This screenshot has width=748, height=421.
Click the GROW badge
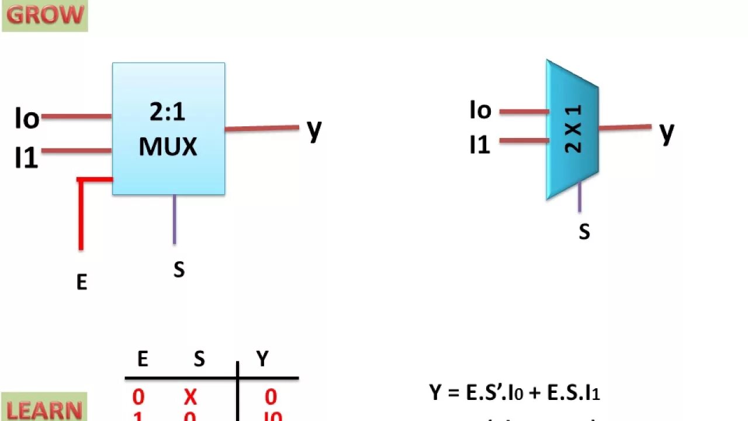44,15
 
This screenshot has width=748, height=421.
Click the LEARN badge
44,409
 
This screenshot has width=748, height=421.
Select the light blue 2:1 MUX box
168,129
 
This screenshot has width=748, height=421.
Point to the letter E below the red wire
82,282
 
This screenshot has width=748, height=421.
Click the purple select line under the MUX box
174,219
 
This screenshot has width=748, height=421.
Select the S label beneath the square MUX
179,270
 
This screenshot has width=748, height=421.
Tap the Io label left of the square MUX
27,119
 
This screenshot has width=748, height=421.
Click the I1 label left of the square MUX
26,158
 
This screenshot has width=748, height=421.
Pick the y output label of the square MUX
314,129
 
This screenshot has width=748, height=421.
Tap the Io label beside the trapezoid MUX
480,110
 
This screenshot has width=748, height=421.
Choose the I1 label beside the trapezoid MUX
480,144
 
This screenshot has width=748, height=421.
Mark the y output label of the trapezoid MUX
667,132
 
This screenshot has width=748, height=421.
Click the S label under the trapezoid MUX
584,232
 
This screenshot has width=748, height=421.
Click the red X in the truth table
191,398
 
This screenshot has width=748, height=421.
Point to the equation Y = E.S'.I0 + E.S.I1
515,393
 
